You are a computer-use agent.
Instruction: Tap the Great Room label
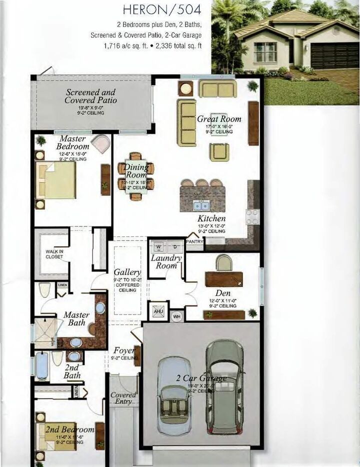click(219, 119)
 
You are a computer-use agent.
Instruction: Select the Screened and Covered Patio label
click(90, 96)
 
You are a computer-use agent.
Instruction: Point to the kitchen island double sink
click(202, 205)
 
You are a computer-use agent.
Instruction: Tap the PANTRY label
click(194, 241)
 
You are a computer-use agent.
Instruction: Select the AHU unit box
click(158, 311)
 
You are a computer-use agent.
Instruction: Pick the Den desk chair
click(224, 263)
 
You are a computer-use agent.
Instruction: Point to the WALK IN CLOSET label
click(54, 254)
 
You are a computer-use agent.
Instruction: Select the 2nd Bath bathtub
click(41, 366)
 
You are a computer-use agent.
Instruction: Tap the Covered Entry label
click(123, 398)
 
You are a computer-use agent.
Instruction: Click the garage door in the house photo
click(334, 55)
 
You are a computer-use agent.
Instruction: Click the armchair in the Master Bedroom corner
click(101, 144)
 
